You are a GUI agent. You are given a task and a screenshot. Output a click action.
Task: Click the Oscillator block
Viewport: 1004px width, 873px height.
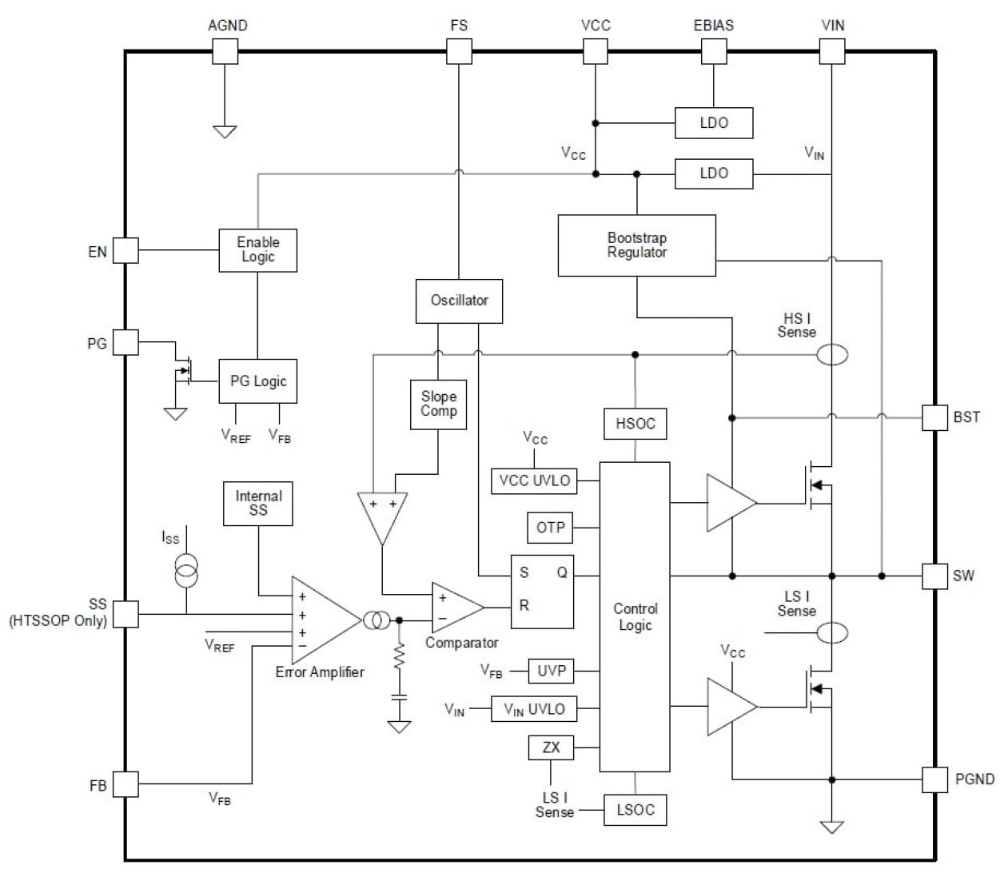[460, 301]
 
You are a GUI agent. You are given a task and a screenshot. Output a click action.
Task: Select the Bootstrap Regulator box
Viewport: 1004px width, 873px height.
[636, 245]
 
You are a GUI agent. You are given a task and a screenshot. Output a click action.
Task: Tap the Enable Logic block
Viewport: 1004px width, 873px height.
[258, 250]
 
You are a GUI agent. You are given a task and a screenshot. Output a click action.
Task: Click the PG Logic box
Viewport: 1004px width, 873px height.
[258, 381]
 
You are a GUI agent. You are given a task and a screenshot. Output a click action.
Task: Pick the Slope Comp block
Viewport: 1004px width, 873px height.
[439, 405]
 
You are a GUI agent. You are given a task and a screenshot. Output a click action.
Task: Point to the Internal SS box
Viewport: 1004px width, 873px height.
[258, 504]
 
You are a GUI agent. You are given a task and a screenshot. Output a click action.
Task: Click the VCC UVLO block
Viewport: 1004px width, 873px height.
[534, 480]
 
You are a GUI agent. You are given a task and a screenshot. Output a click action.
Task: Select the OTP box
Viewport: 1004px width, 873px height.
[550, 528]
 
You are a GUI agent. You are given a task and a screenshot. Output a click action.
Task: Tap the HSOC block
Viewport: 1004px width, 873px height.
[635, 424]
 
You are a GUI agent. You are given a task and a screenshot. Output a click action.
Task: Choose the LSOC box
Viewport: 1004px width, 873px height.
[635, 810]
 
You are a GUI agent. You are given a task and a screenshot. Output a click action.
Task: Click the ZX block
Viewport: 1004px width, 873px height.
[551, 748]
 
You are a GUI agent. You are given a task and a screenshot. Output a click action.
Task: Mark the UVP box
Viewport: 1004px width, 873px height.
[551, 670]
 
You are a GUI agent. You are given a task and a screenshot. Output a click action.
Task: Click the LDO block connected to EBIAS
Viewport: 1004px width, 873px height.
[714, 123]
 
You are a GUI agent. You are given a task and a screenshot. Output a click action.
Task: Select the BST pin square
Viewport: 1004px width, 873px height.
[935, 417]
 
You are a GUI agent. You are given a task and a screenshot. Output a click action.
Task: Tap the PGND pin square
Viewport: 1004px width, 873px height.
[935, 779]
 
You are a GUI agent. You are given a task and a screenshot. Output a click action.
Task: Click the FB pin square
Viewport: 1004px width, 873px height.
[125, 784]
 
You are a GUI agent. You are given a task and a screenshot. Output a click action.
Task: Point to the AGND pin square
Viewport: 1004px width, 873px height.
[225, 52]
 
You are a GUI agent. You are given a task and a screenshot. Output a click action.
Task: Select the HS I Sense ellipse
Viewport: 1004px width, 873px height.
[832, 354]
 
